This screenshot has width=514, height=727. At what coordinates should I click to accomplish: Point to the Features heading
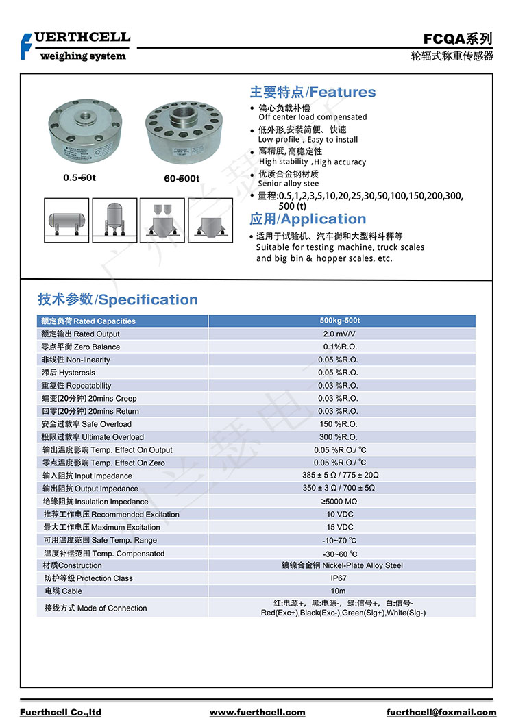coord(313,93)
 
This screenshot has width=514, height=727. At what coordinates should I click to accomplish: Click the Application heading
coord(308,219)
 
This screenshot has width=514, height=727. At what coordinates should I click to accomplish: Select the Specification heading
coord(118,299)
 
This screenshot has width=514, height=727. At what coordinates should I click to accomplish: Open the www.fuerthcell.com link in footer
coord(257,713)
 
